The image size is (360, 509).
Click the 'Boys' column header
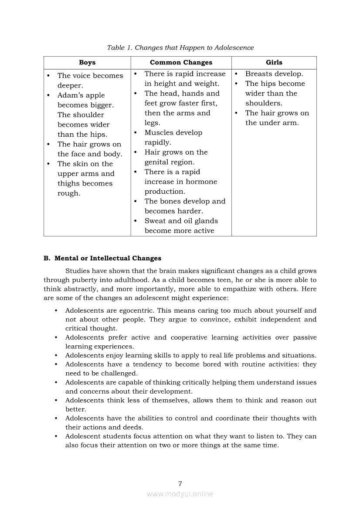pyautogui.click(x=87, y=63)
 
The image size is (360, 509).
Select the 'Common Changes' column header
pyautogui.click(x=181, y=63)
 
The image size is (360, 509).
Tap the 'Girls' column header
pyautogui.click(x=274, y=63)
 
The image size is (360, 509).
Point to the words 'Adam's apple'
pyautogui.click(x=81, y=95)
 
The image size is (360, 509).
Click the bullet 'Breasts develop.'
pyautogui.click(x=274, y=74)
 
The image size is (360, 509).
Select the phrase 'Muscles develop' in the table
pyautogui.click(x=173, y=133)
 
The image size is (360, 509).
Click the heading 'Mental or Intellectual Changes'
pyautogui.click(x=108, y=258)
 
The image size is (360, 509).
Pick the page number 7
pyautogui.click(x=180, y=483)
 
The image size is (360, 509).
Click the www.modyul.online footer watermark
pyautogui.click(x=180, y=494)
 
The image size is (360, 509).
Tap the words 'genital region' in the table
pyautogui.click(x=169, y=162)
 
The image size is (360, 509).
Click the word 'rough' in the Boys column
pyautogui.click(x=68, y=194)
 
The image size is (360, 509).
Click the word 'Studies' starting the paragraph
pyautogui.click(x=77, y=271)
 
